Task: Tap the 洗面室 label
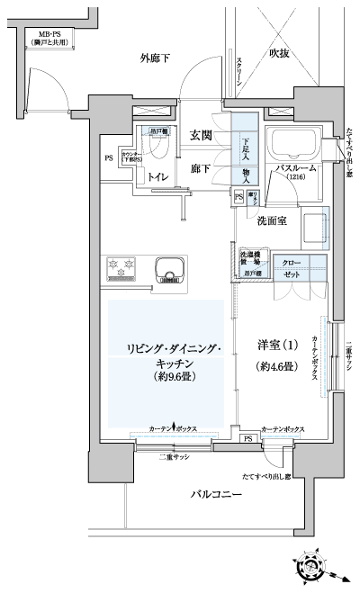click(271, 220)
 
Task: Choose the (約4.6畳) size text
click(277, 366)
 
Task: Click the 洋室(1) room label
click(277, 346)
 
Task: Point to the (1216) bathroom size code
click(294, 179)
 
